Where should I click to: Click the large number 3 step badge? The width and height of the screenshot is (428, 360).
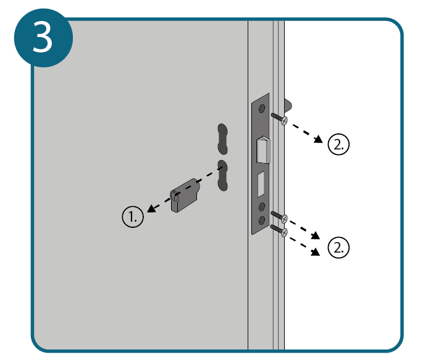tap(43, 38)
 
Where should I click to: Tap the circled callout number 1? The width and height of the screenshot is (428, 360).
tap(133, 217)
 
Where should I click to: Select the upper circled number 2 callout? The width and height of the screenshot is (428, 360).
tap(338, 144)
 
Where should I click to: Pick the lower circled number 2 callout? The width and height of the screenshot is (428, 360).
tap(338, 247)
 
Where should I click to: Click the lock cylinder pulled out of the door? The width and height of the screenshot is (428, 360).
tap(185, 195)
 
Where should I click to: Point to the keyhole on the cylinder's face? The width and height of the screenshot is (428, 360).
tap(174, 196)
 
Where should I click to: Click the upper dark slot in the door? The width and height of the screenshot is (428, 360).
tap(222, 139)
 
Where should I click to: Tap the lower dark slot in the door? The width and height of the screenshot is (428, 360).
tap(222, 175)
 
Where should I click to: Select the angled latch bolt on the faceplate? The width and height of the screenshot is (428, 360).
tap(263, 150)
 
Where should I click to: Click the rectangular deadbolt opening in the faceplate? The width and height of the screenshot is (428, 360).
tap(261, 184)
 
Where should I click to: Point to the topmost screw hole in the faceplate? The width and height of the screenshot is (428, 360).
tap(261, 109)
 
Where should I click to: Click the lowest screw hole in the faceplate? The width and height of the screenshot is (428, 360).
tap(261, 220)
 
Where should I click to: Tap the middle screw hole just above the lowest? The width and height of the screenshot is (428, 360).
tap(261, 207)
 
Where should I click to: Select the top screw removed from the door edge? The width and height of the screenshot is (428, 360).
tap(279, 119)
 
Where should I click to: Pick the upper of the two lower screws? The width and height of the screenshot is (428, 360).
tap(279, 216)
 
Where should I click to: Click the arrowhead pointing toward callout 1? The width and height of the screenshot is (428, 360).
tap(151, 209)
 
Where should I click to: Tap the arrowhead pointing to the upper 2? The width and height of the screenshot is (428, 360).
tap(318, 139)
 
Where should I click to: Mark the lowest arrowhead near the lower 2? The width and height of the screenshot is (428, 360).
tap(316, 252)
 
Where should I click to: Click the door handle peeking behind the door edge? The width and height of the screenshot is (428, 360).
tap(288, 106)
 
